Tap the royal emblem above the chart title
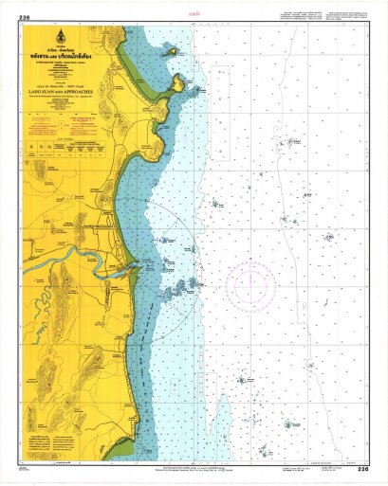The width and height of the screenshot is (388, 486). pyautogui.click(x=65, y=42)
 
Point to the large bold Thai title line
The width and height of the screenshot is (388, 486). pyautogui.click(x=65, y=56)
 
